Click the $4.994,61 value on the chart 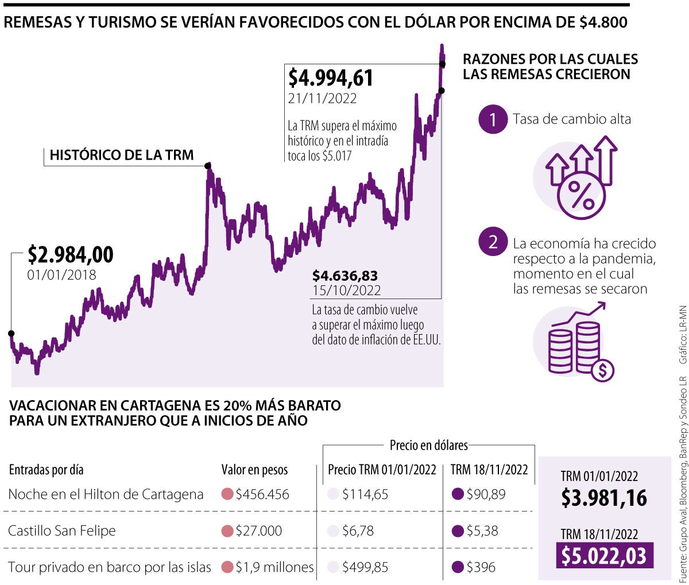(331, 78)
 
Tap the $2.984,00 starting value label (71, 254)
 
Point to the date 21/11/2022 (322, 98)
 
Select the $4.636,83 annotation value (345, 276)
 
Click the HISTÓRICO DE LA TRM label (122, 155)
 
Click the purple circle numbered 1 (493, 119)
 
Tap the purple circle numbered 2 (493, 242)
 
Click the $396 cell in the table (481, 567)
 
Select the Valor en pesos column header (254, 470)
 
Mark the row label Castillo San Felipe (62, 530)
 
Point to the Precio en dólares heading (428, 445)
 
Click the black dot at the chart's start (11, 333)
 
